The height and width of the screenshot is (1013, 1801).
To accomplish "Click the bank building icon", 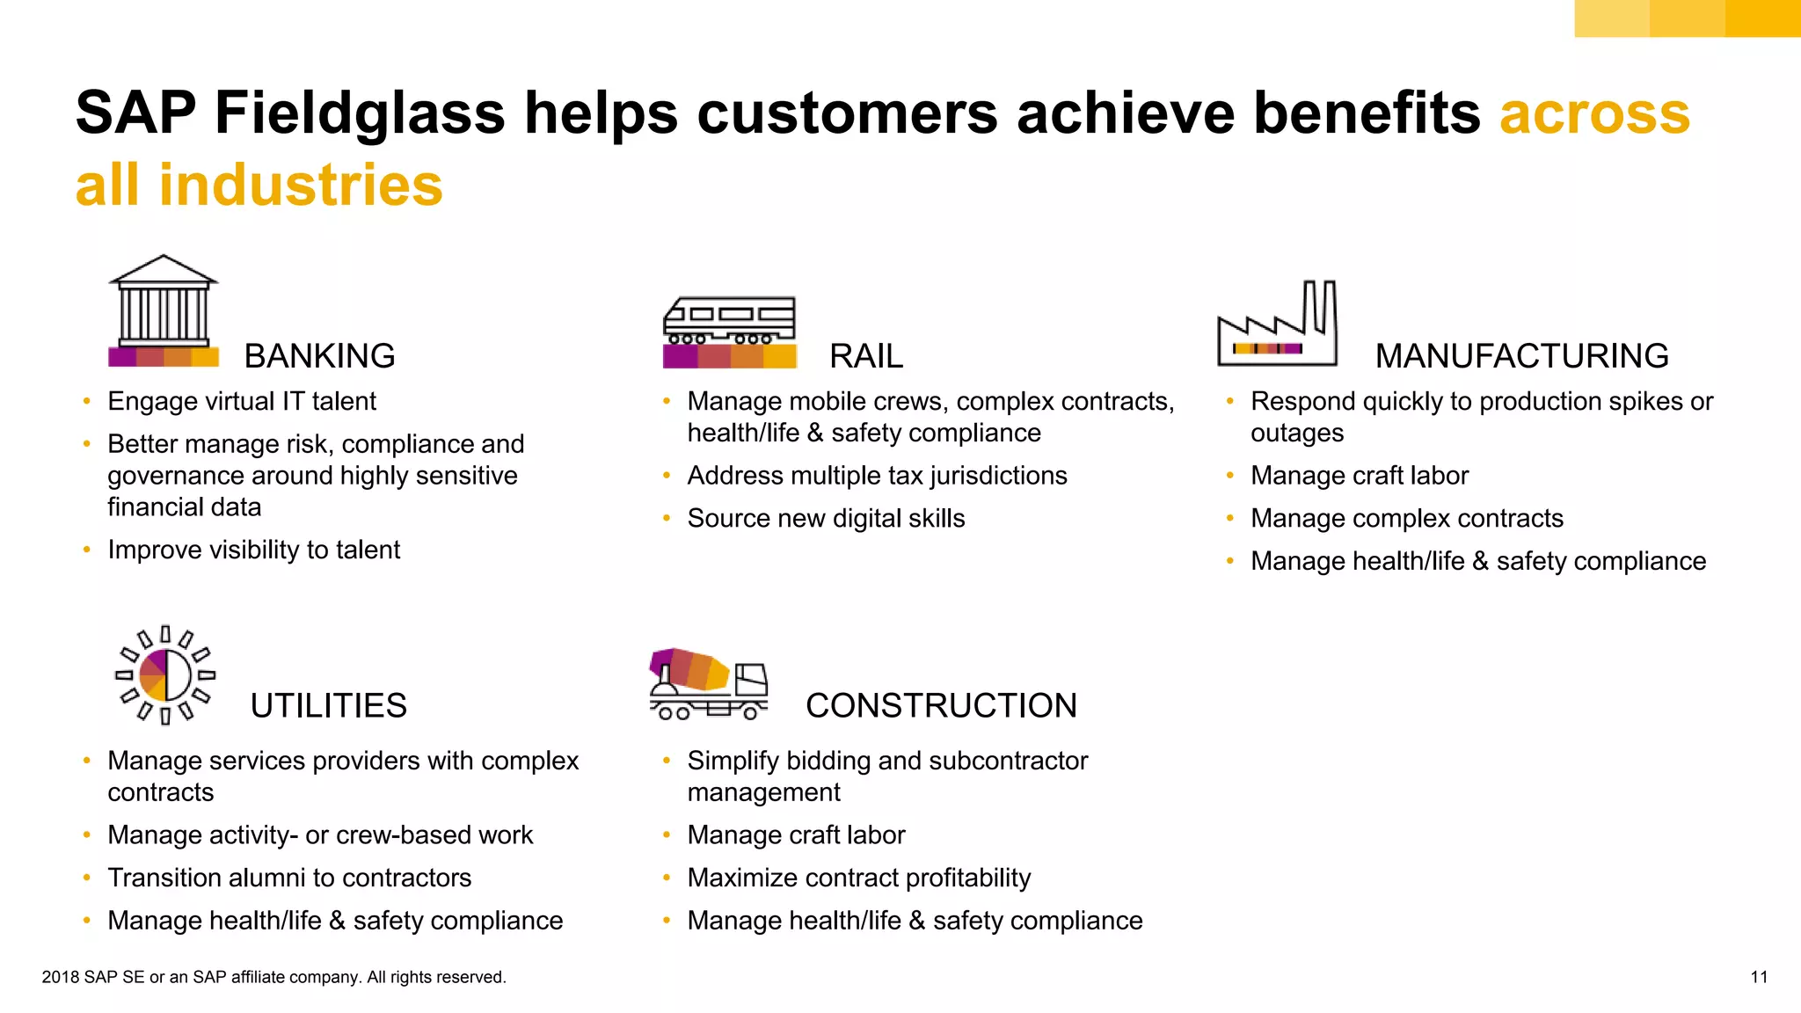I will [163, 310].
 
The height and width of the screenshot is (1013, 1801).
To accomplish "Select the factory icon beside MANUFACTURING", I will [1277, 324].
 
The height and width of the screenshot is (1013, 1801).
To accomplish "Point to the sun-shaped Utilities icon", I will [165, 675].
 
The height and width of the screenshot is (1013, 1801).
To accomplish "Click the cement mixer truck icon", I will [708, 684].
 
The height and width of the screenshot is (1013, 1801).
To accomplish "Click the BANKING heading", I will [319, 356].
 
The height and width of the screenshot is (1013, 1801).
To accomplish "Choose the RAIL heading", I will [866, 356].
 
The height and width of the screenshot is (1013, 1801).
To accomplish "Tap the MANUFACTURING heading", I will [1521, 356].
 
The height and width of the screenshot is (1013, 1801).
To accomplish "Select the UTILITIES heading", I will [328, 705].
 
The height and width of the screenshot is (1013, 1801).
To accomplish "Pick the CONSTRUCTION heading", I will [941, 705].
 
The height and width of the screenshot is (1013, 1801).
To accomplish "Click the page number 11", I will [1759, 977].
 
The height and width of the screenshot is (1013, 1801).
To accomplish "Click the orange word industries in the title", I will [301, 186].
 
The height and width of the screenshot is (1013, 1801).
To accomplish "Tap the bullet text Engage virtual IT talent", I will [242, 402].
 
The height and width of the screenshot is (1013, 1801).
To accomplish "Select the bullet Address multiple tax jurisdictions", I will [877, 476].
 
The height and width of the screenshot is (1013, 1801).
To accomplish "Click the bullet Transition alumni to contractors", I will [289, 878].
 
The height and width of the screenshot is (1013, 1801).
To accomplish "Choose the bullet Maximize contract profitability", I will [858, 878].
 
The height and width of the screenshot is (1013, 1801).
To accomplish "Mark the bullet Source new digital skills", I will [826, 519].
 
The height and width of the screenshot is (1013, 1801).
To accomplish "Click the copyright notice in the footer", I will [273, 977].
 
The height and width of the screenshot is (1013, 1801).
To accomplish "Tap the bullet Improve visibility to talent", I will [253, 550].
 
